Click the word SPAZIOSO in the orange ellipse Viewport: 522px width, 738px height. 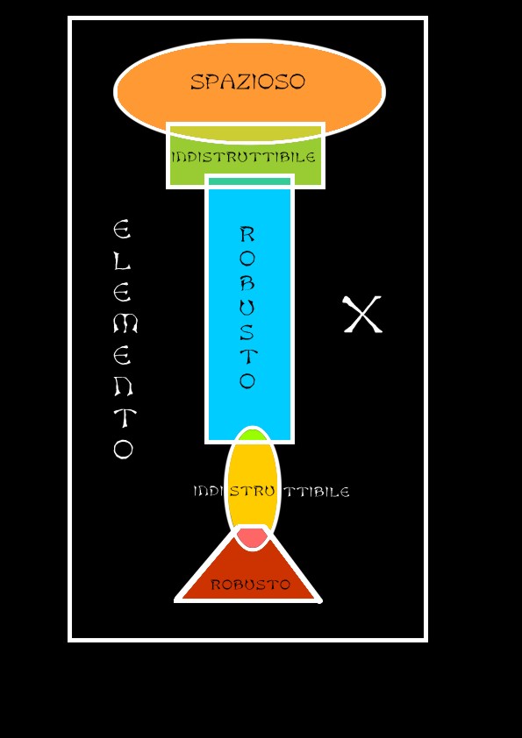(x=247, y=82)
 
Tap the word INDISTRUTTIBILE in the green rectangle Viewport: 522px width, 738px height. (x=243, y=157)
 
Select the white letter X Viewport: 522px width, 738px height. (x=362, y=315)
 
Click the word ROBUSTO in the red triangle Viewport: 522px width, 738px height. (x=250, y=585)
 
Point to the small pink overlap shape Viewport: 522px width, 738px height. (x=252, y=537)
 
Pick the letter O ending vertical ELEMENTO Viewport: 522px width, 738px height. (x=123, y=450)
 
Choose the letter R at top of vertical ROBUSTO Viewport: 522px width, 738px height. (x=247, y=234)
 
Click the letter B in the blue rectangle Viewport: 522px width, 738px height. (x=247, y=282)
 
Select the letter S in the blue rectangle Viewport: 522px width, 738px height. (x=247, y=332)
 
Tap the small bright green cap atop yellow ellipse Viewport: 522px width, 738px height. (x=253, y=435)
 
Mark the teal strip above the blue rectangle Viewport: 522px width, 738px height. (x=250, y=181)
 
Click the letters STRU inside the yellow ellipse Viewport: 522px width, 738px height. (x=252, y=492)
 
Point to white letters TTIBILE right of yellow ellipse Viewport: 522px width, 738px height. (x=318, y=492)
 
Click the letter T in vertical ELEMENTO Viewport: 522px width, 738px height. (x=125, y=418)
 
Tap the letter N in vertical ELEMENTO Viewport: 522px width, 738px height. (x=124, y=387)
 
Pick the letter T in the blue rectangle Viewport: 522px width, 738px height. (x=247, y=357)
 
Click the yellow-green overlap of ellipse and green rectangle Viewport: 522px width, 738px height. (x=245, y=133)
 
